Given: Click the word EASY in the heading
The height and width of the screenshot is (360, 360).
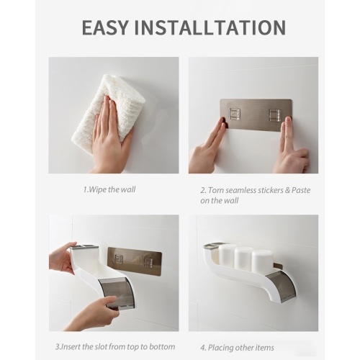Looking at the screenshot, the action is pyautogui.click(x=105, y=27).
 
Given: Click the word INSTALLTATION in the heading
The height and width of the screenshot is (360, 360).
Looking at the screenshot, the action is pyautogui.click(x=210, y=27).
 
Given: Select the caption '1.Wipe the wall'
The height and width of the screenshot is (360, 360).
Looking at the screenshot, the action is pyautogui.click(x=109, y=189).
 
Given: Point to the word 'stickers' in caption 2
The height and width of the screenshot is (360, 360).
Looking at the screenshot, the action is pyautogui.click(x=270, y=190).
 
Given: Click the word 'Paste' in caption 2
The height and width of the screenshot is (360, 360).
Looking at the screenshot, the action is pyautogui.click(x=301, y=190).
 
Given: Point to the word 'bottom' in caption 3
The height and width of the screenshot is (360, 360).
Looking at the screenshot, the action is pyautogui.click(x=162, y=347).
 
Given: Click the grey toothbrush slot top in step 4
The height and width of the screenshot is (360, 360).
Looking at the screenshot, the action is pyautogui.click(x=213, y=246).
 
